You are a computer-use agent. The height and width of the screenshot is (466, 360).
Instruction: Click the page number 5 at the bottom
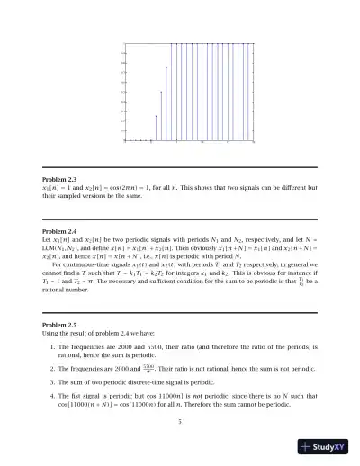[180, 420]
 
